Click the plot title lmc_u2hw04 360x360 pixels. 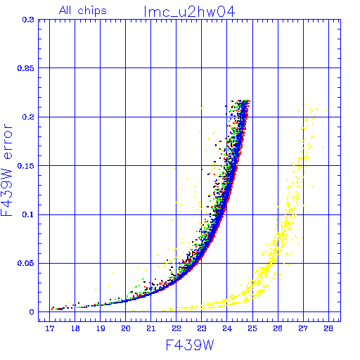(189, 12)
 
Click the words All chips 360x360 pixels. (83, 11)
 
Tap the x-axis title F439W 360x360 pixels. (190, 345)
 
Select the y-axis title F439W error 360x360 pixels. (6, 169)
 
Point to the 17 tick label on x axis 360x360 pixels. (50, 328)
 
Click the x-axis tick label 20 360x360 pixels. (126, 328)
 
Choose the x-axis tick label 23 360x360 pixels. (202, 328)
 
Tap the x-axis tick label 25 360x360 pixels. (252, 328)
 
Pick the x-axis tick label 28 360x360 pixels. (328, 328)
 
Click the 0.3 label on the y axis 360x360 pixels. (28, 20)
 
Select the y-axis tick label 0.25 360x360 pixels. (26, 68)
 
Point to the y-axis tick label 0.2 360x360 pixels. (28, 117)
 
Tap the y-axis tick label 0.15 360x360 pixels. (26, 166)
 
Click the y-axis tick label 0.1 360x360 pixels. (28, 214)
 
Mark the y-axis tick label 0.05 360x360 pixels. (26, 263)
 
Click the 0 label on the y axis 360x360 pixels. (32, 312)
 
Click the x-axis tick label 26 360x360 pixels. (278, 328)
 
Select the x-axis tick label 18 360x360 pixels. (75, 328)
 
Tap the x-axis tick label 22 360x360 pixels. (176, 328)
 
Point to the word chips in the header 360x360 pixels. (92, 11)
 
